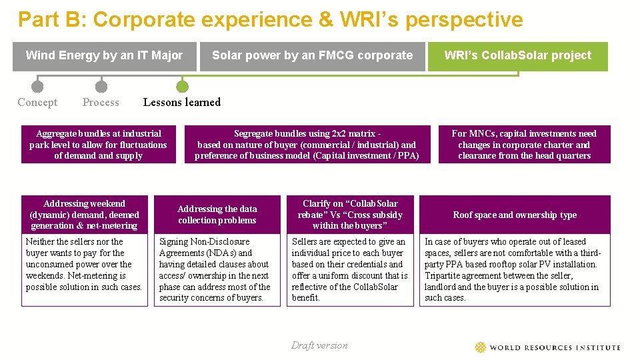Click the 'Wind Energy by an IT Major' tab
click(104, 56)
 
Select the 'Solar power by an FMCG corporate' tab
click(312, 56)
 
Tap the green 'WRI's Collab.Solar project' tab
click(518, 56)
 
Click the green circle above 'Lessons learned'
click(182, 86)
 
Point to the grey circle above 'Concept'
click(37, 86)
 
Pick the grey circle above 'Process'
click(101, 86)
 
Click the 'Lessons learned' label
click(182, 102)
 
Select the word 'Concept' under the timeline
click(37, 102)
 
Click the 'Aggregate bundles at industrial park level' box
click(98, 145)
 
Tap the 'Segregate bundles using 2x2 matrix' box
click(307, 145)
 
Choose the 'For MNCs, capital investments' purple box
click(524, 145)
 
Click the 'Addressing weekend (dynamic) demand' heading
click(85, 214)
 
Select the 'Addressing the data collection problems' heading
click(217, 214)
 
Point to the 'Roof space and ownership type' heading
click(515, 215)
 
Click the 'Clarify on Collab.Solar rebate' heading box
click(350, 214)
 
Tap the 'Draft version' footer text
click(319, 345)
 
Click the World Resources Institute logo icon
click(481, 347)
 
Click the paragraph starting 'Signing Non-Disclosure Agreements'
click(214, 269)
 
